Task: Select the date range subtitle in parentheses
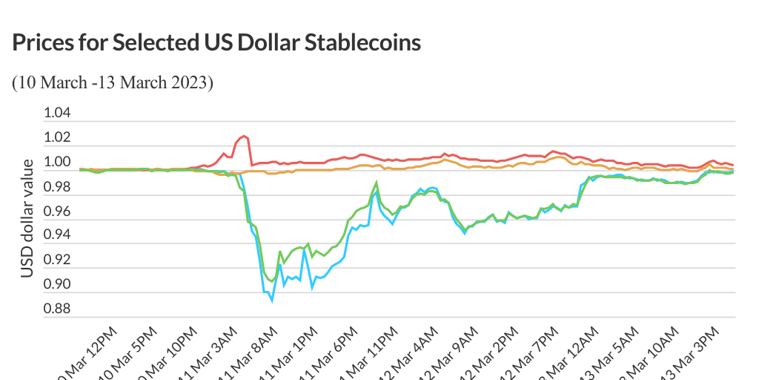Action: pyautogui.click(x=113, y=82)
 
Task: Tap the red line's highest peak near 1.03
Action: pyautogui.click(x=244, y=136)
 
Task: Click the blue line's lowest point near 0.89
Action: pyautogui.click(x=272, y=301)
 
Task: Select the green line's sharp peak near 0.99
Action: pyautogui.click(x=377, y=182)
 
